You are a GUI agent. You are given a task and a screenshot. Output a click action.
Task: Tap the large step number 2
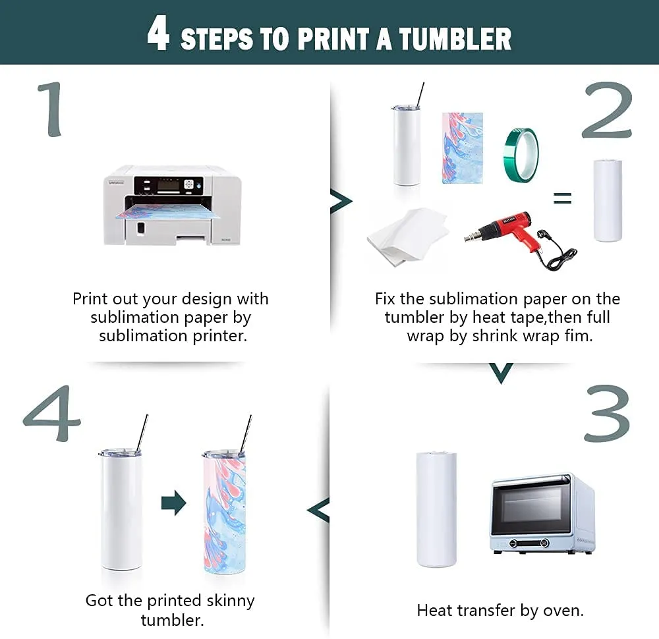pyautogui.click(x=608, y=110)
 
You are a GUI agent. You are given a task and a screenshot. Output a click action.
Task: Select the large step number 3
pyautogui.click(x=608, y=413)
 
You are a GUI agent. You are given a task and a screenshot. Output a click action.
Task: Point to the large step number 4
pyautogui.click(x=51, y=413)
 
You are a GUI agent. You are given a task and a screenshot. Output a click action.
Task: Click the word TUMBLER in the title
pyautogui.click(x=455, y=39)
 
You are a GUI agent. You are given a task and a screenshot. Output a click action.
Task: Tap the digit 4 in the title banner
pyautogui.click(x=158, y=33)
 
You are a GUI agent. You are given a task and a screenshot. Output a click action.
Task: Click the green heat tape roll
pyautogui.click(x=521, y=155)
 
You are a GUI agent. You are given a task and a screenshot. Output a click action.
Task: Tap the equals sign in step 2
pyautogui.click(x=562, y=198)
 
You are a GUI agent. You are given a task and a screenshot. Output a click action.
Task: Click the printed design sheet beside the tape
pyautogui.click(x=463, y=148)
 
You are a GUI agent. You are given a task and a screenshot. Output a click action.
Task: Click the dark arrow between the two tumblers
pyautogui.click(x=173, y=503)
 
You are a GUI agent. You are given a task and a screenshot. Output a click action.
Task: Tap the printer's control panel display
pyautogui.click(x=169, y=185)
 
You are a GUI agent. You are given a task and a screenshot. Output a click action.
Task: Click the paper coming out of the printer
pyautogui.click(x=168, y=212)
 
